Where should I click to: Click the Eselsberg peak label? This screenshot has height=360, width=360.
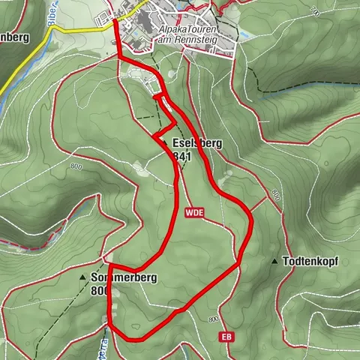click(x=197, y=142)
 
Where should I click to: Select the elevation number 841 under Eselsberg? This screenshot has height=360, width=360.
click(x=181, y=157)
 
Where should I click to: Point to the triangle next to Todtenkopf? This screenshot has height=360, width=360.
click(x=275, y=262)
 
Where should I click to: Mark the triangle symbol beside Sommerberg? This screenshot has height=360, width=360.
click(x=82, y=277)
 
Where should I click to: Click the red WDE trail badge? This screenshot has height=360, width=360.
click(x=192, y=213)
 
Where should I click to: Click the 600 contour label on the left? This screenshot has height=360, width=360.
click(x=74, y=166)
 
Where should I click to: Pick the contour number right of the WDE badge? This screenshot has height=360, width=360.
click(x=277, y=196)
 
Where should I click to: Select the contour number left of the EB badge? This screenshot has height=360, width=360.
click(x=213, y=320)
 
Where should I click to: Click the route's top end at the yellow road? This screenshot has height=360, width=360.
click(x=115, y=22)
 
